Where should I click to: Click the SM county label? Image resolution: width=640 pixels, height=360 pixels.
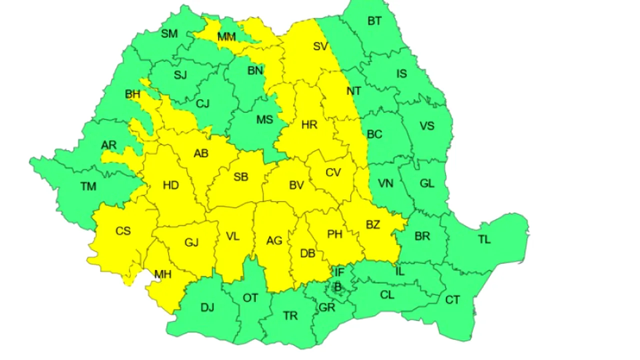[x=169, y=34]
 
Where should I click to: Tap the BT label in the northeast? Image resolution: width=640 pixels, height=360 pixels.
[x=374, y=21]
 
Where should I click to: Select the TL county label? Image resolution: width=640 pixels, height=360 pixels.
[x=484, y=239]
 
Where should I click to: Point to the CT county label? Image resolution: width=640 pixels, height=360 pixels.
[x=452, y=300]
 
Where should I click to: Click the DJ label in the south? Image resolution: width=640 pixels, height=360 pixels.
[x=207, y=307]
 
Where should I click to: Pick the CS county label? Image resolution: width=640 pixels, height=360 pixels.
[x=123, y=231]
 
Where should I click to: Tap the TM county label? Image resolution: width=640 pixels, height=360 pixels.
[x=88, y=186]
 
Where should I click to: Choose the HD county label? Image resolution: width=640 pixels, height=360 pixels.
[x=171, y=185]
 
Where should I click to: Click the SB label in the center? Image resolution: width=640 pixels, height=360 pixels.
[x=241, y=177]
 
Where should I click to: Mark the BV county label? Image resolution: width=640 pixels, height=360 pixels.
[x=296, y=185]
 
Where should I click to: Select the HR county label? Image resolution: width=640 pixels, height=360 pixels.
[x=309, y=124]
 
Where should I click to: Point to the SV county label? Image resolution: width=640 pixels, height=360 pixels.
[x=320, y=46]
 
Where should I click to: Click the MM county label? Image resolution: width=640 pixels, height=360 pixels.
[x=226, y=37]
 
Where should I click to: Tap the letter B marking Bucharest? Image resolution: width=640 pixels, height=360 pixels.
[x=337, y=287]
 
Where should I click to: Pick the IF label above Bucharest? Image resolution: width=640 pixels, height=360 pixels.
[x=339, y=272]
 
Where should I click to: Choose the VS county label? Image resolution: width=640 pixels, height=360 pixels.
[x=427, y=125]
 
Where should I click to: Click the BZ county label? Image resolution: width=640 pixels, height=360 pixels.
[x=373, y=225]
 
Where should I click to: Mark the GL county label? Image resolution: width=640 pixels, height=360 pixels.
[x=427, y=183]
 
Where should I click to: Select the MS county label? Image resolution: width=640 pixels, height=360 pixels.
[x=265, y=119]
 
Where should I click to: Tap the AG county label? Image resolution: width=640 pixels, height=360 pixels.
[x=274, y=241]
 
